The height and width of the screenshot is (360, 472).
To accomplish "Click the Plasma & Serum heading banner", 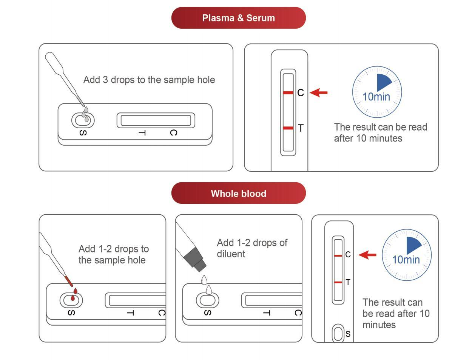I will pyautogui.click(x=238, y=18).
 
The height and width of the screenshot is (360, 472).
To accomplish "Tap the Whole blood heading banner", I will pyautogui.click(x=238, y=194).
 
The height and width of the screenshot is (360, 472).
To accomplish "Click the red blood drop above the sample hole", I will pyautogui.click(x=76, y=291).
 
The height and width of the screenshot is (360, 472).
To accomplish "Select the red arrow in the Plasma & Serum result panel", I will pyautogui.click(x=319, y=92).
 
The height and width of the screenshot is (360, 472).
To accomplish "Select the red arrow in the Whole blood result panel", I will pyautogui.click(x=367, y=255).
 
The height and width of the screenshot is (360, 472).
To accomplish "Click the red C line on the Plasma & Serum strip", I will pyautogui.click(x=288, y=92).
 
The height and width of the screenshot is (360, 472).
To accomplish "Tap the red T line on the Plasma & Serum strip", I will pyautogui.click(x=288, y=128).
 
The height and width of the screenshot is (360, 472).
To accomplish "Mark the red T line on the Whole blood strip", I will pyautogui.click(x=338, y=282).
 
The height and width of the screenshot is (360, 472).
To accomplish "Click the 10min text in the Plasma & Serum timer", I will pyautogui.click(x=376, y=97).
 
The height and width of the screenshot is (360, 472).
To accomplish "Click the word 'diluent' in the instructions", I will pyautogui.click(x=231, y=254).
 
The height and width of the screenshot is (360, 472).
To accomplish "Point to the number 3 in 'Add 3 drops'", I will pyautogui.click(x=105, y=80).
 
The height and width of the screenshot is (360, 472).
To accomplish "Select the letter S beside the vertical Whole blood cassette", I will pyautogui.click(x=348, y=334).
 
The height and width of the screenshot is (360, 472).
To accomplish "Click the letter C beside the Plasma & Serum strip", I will pyautogui.click(x=301, y=93).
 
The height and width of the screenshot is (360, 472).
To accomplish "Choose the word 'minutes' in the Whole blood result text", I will pyautogui.click(x=379, y=325).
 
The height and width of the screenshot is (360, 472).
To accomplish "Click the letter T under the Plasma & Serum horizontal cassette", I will pyautogui.click(x=142, y=133).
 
